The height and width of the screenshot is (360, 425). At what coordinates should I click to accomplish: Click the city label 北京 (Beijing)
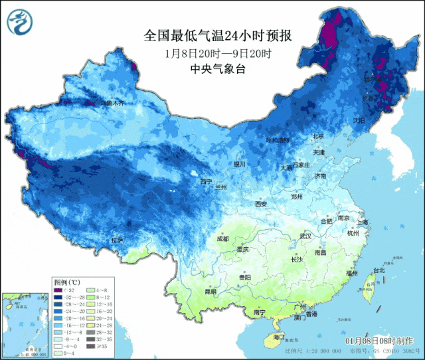(x=318, y=136)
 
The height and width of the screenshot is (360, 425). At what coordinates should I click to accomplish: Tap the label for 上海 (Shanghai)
(x=363, y=222)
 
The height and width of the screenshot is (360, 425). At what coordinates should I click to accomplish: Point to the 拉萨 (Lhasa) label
(x=117, y=240)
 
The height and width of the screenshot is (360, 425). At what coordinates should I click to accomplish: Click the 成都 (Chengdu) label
(x=222, y=238)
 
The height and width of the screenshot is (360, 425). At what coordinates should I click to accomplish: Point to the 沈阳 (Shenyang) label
(x=359, y=121)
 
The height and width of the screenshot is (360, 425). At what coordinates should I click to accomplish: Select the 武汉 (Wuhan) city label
(x=305, y=236)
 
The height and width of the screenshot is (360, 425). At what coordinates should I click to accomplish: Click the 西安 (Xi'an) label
(x=260, y=204)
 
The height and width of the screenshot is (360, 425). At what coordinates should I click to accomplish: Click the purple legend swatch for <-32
(x=58, y=290)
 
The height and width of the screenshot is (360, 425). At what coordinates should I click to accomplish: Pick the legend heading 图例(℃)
(x=67, y=282)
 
